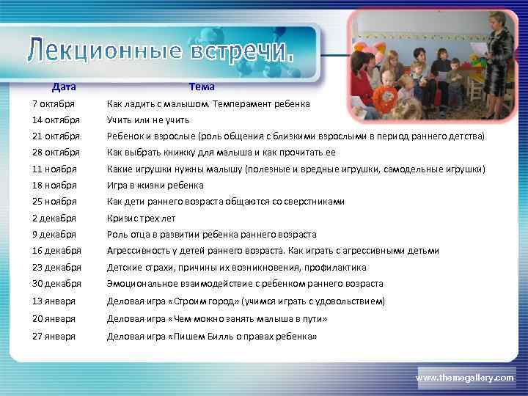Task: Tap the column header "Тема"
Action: pyautogui.click(x=201, y=87)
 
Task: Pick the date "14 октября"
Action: pyautogui.click(x=56, y=120)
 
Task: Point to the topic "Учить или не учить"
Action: pyautogui.click(x=148, y=120)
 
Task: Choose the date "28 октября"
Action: pyautogui.click(x=56, y=153)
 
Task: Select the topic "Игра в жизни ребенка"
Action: pyautogui.click(x=155, y=185)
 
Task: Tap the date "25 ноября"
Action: pyautogui.click(x=54, y=202)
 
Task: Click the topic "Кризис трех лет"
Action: pyautogui.click(x=141, y=218)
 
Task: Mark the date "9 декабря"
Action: pyautogui.click(x=54, y=235)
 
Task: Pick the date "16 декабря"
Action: pyautogui.click(x=56, y=251)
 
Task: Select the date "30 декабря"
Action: pyautogui.click(x=56, y=284)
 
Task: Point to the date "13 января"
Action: pyautogui.click(x=54, y=301)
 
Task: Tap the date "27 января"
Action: pyautogui.click(x=54, y=337)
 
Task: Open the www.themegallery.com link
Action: pyautogui.click(x=465, y=377)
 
